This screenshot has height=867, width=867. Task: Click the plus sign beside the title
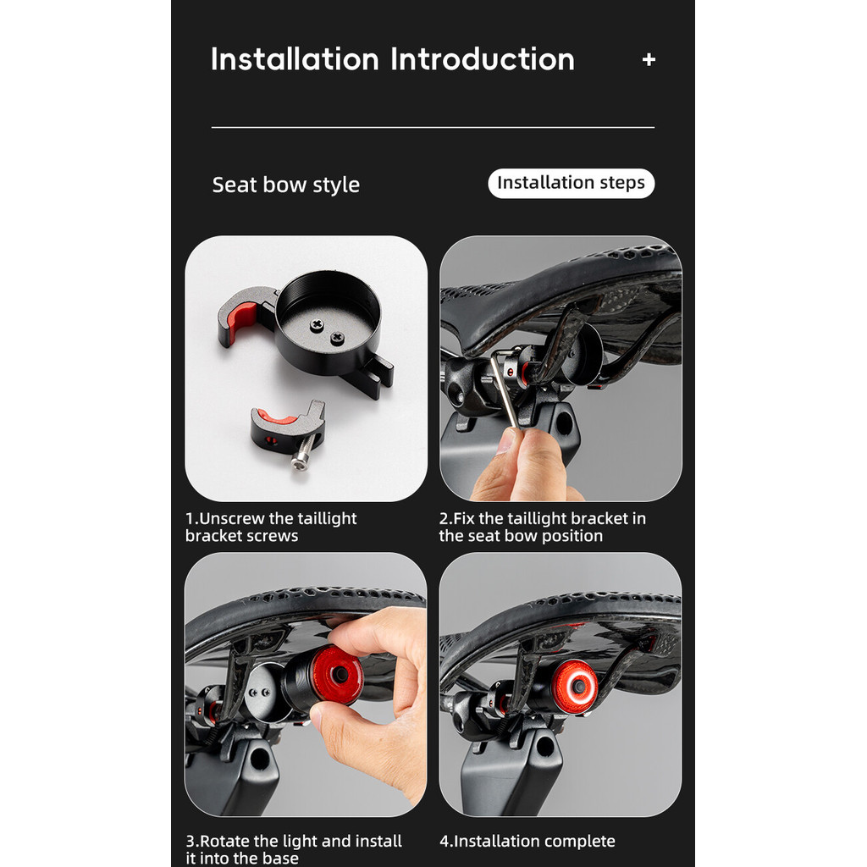649,60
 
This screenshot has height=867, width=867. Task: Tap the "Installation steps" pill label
572,183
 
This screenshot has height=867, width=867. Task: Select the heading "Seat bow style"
286,185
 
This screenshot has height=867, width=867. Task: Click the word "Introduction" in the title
482,59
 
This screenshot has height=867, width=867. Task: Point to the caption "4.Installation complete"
527,841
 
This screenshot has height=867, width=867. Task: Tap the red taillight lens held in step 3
337,676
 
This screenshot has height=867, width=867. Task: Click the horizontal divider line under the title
433,128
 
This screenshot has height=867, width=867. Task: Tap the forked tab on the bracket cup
375,375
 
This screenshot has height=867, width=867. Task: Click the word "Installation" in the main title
295,59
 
